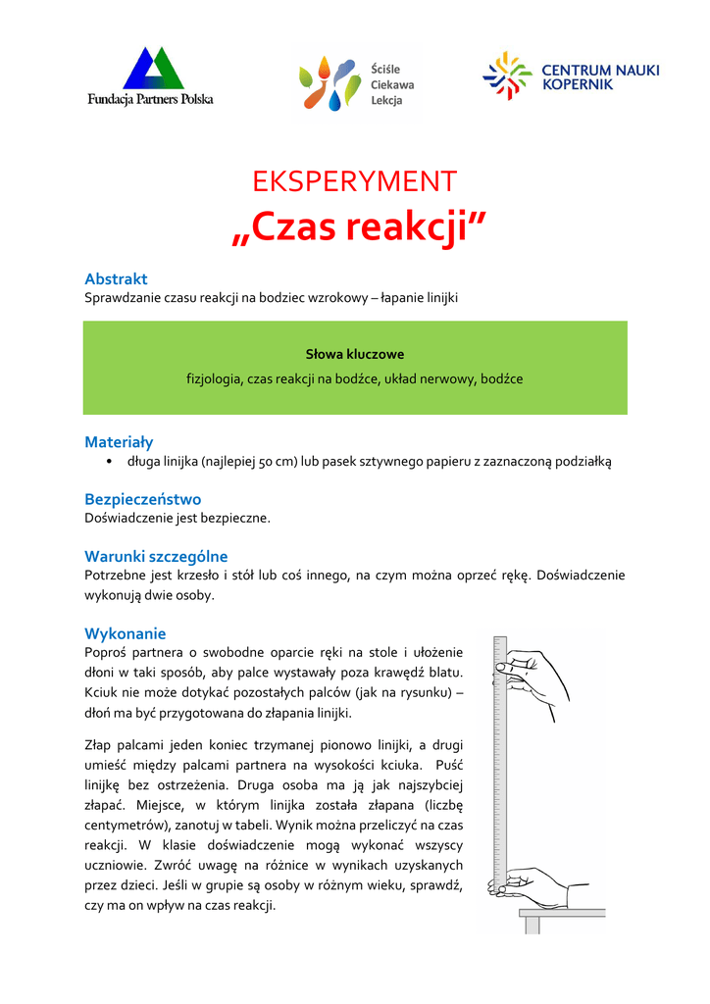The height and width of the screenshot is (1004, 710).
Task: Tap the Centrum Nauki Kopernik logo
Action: (x=571, y=76)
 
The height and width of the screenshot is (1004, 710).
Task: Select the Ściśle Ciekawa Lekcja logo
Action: (x=357, y=84)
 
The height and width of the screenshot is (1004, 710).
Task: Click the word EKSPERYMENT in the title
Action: (x=355, y=181)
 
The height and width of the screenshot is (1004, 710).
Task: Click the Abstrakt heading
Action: (x=116, y=278)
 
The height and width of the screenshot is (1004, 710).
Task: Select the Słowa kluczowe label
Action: (x=355, y=354)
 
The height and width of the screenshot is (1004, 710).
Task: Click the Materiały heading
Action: (x=119, y=442)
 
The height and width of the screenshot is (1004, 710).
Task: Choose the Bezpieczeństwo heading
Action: (x=143, y=499)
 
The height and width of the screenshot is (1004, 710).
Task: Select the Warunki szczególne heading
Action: (x=156, y=556)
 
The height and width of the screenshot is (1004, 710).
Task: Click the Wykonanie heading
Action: (x=126, y=633)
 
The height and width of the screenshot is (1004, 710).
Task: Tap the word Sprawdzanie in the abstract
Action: (x=121, y=297)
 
